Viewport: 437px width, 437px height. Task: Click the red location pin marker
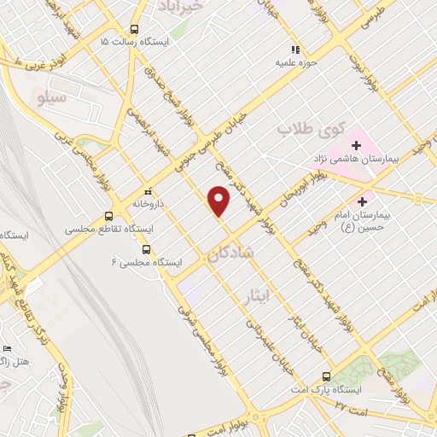220,200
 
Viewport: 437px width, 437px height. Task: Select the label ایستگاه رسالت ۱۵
135,41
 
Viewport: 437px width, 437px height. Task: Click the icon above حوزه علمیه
296,50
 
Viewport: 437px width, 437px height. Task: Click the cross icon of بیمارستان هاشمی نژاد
356,145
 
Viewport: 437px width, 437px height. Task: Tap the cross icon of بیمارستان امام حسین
364,202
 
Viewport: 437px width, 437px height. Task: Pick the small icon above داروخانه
149,190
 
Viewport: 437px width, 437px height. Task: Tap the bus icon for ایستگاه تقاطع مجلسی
108,217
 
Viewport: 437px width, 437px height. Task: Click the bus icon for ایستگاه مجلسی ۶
147,250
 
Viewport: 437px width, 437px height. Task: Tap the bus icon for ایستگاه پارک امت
327,376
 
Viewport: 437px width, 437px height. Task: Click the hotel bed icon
8,348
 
